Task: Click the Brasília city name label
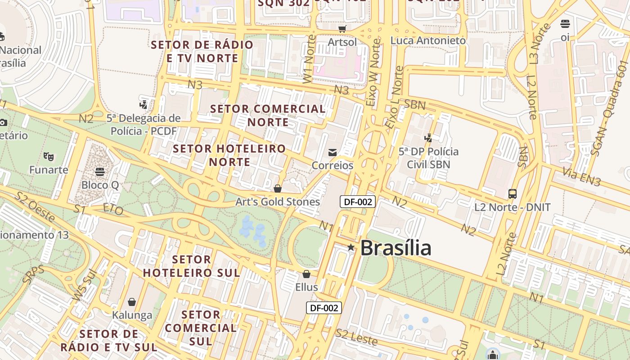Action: tap(396, 248)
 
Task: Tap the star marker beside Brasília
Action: tap(351, 247)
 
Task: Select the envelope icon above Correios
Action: tap(333, 153)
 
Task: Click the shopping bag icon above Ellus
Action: tap(306, 274)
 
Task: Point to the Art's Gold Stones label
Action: tap(278, 202)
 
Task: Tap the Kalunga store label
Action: tap(132, 315)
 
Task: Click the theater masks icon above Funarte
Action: tap(49, 157)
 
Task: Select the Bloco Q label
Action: tap(100, 185)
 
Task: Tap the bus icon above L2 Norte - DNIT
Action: tap(512, 194)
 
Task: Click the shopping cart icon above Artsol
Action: tap(342, 29)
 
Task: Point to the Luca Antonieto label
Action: tap(428, 40)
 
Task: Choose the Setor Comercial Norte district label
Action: tap(268, 116)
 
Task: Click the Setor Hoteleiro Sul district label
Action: tap(192, 266)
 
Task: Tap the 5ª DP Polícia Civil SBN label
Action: tap(428, 158)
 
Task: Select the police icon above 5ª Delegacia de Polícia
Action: tap(143, 105)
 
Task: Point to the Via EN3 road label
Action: tap(582, 177)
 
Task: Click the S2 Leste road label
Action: tap(356, 337)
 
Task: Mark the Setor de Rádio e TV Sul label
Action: tap(109, 341)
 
